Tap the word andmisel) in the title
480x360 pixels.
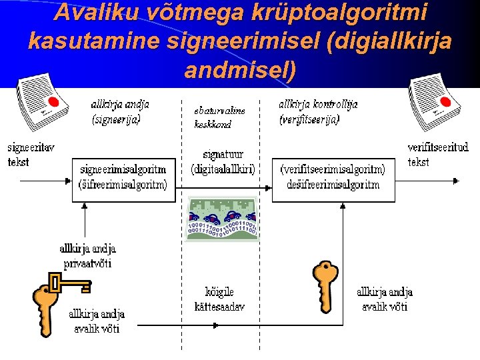[239, 69]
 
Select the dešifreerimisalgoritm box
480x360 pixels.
[333, 179]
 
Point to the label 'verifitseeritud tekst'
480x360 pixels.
[438, 154]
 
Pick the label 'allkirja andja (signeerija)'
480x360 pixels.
[119, 112]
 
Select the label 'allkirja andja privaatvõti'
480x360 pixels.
[87, 256]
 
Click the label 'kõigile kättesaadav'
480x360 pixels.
[219, 299]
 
